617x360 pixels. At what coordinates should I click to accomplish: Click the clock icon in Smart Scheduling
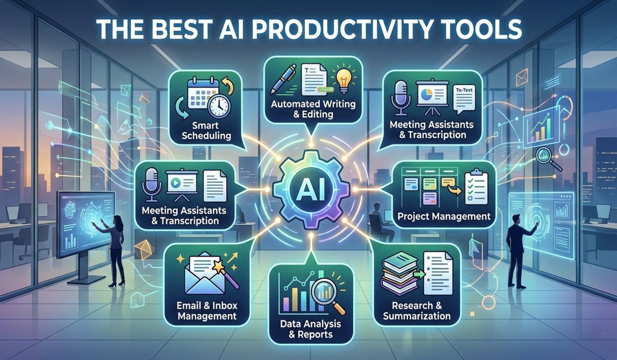(219, 105)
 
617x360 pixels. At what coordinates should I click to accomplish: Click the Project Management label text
(444, 217)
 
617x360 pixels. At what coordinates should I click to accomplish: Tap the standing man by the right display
(515, 252)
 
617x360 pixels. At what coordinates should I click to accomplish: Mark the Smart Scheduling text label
(206, 131)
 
